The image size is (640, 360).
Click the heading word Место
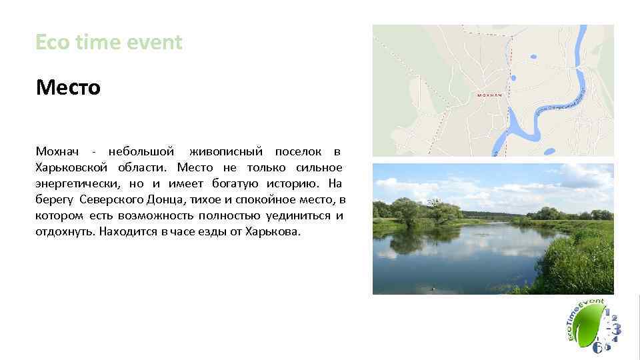[68, 87]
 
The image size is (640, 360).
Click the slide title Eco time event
[109, 43]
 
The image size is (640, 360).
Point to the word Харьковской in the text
[71, 168]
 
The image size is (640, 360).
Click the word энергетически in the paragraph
[75, 184]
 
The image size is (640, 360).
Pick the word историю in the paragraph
[290, 184]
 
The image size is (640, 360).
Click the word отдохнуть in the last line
[65, 232]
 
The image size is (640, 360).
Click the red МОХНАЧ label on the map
[490, 95]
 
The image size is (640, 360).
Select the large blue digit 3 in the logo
[617, 328]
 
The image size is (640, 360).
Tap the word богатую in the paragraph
[234, 184]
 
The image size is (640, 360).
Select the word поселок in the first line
[297, 152]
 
